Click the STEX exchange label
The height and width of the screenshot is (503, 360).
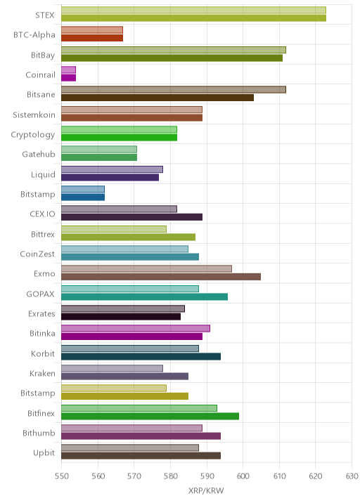tap(44, 15)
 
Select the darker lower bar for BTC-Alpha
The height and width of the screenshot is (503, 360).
tap(92, 38)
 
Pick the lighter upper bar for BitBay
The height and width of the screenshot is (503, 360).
tap(174, 50)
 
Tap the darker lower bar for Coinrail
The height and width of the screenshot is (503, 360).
tap(68, 78)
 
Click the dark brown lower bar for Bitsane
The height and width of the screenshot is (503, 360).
tap(157, 98)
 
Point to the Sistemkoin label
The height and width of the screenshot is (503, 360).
tap(34, 115)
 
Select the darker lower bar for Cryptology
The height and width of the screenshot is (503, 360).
tap(119, 137)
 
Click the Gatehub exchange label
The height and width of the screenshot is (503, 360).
tap(39, 155)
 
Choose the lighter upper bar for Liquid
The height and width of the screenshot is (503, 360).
tap(112, 169)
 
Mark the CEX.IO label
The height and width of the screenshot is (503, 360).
tap(42, 214)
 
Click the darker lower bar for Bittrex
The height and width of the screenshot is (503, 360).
tap(128, 237)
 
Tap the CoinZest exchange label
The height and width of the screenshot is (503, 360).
tap(37, 254)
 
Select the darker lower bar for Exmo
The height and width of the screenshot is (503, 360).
tap(161, 277)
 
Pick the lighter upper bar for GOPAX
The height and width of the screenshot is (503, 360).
tap(130, 289)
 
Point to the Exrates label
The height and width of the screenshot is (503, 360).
tap(41, 313)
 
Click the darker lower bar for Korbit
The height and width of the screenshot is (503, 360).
tap(141, 356)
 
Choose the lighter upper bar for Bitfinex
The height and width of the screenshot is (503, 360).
tap(139, 408)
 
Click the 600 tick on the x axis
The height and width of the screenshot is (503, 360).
tap(243, 476)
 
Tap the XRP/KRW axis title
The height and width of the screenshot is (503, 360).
tap(206, 490)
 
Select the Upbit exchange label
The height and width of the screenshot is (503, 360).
tap(44, 453)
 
